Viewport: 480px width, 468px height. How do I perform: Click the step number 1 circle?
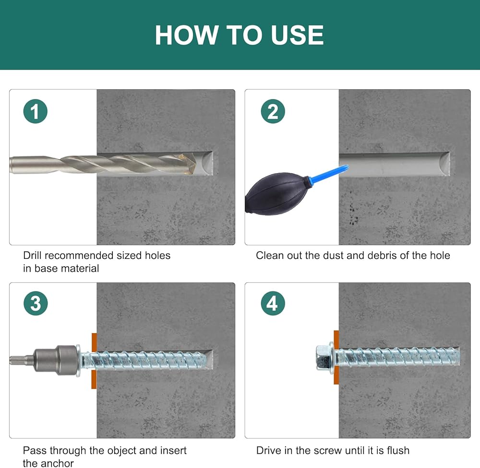(35, 111)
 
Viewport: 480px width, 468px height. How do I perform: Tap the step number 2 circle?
(273, 111)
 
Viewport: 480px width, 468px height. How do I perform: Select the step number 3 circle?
(36, 303)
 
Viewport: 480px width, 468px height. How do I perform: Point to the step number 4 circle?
(273, 303)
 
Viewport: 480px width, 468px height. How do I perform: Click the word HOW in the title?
(186, 35)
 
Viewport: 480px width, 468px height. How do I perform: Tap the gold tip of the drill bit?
(188, 164)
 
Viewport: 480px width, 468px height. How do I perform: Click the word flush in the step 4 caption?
(398, 450)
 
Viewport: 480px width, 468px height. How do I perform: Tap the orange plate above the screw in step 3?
(94, 342)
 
